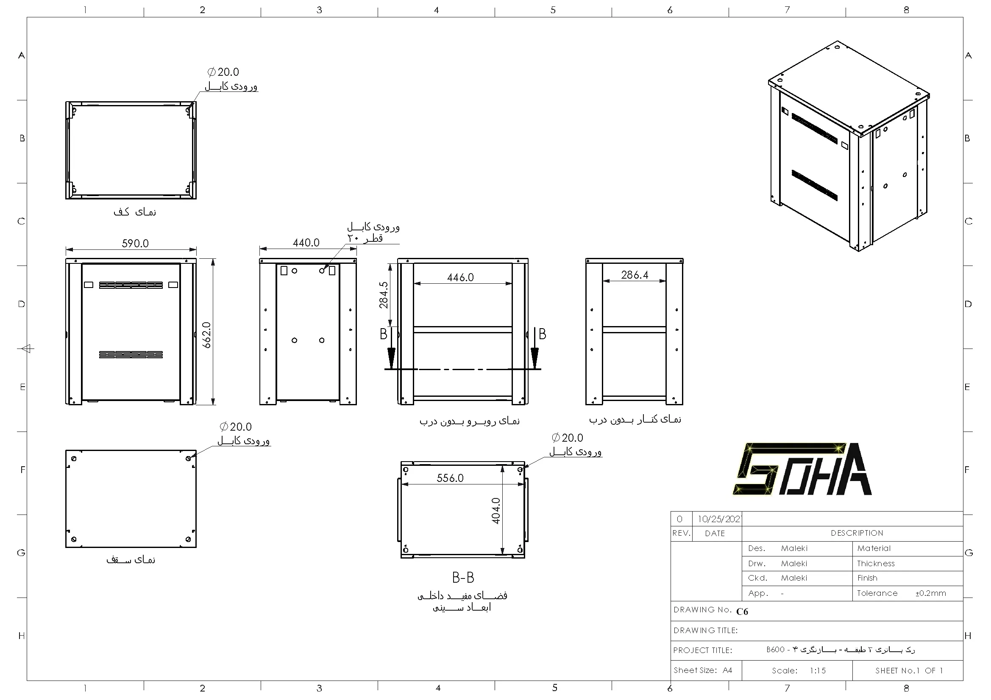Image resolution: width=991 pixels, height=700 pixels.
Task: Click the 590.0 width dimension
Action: (x=135, y=243)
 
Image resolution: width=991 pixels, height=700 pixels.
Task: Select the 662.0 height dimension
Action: (x=207, y=335)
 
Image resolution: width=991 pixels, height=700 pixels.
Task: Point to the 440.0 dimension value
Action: (x=306, y=243)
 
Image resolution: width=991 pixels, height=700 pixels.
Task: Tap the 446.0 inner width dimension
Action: (x=460, y=277)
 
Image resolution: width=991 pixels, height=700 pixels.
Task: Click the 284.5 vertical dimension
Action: (x=383, y=295)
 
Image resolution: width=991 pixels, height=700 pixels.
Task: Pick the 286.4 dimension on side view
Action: (x=634, y=275)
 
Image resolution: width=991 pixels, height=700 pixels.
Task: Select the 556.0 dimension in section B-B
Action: (x=450, y=478)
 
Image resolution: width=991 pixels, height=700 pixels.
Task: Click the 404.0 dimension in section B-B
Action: (x=496, y=511)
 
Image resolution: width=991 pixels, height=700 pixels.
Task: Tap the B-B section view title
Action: (x=463, y=577)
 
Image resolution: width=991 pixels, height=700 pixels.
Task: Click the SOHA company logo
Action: (x=802, y=469)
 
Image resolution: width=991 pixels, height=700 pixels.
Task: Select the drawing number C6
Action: (x=742, y=611)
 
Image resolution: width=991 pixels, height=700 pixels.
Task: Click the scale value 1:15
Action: (x=818, y=671)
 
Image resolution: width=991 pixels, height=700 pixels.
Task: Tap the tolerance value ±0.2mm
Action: (x=930, y=593)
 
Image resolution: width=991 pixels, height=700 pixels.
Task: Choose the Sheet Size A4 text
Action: (x=703, y=670)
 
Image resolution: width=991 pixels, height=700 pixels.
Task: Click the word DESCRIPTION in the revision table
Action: (x=857, y=533)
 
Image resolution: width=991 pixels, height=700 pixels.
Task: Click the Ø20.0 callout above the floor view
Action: (x=223, y=72)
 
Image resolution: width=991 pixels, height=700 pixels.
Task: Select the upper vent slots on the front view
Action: (x=131, y=285)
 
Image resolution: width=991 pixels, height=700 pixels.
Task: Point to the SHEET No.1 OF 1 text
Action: (x=909, y=671)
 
